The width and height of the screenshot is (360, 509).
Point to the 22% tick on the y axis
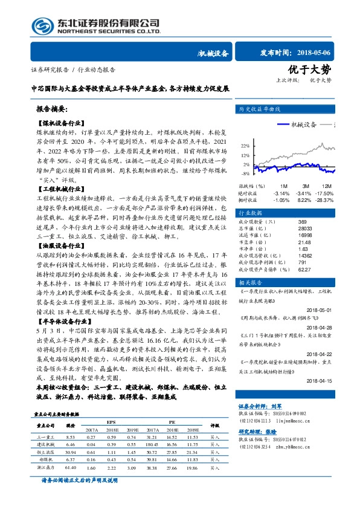coord(245,146)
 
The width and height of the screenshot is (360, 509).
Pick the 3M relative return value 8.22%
coord(303,199)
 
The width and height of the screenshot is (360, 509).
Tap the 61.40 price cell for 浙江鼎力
coord(69,468)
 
